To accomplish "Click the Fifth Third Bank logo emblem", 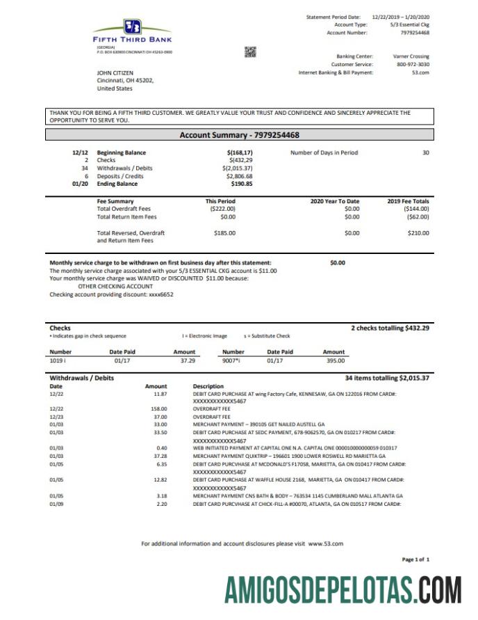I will (x=132, y=27).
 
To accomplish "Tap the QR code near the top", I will (x=250, y=51).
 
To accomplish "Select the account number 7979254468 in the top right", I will (x=415, y=33).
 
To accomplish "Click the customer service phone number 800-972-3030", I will (x=413, y=64).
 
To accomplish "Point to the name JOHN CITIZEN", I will (x=115, y=72).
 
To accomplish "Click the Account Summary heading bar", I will (x=240, y=135).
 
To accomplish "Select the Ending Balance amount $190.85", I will (x=242, y=184).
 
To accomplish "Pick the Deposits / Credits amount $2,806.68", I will (x=240, y=176).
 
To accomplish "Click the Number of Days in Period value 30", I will (x=425, y=152).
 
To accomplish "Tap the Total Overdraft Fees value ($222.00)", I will (x=223, y=209).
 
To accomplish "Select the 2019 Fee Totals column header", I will (x=408, y=201).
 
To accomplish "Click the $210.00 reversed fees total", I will (x=418, y=233).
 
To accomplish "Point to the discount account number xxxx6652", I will (x=160, y=294).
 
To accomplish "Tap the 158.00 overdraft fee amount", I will (x=159, y=408).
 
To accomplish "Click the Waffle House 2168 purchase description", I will (x=299, y=479).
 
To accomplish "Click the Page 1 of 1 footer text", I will (x=415, y=559).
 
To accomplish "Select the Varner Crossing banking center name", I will (x=411, y=56).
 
